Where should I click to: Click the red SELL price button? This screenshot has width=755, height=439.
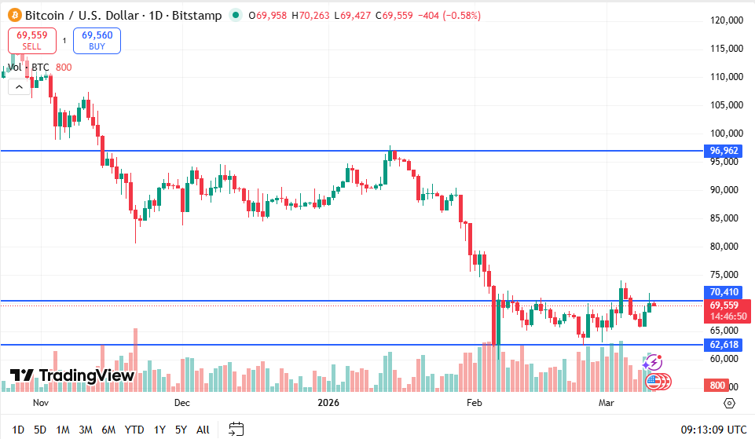pos(32,40)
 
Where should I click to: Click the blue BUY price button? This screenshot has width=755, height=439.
pos(97,40)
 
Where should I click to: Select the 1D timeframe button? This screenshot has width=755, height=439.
pos(18,430)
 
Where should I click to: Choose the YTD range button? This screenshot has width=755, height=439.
pos(134,430)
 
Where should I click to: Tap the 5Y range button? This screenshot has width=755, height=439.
pos(181,430)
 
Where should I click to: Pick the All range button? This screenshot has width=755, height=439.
pos(203,430)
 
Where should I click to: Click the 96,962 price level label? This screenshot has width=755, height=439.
pos(724,151)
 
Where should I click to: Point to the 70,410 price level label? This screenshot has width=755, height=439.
pos(724,292)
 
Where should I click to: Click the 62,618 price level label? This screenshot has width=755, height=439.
pos(724,345)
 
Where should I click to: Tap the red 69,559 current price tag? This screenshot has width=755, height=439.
pos(724,305)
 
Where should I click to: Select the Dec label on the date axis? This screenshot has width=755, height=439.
pos(181,403)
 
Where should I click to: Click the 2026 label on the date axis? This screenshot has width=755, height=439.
pos(328,403)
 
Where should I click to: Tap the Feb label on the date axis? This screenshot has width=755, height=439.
pos(474,403)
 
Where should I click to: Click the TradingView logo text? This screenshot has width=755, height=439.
pos(86,375)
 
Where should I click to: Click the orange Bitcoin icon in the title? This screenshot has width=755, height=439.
pos(13,16)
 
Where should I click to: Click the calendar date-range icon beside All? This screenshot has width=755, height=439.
pos(236,430)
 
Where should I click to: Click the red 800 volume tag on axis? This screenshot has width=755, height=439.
pos(717,386)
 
